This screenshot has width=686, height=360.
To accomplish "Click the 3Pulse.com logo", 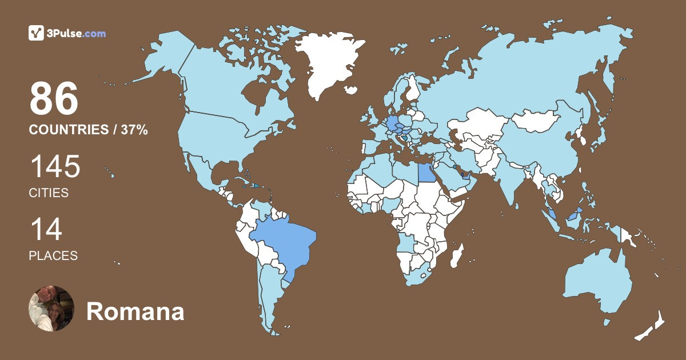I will click(x=67, y=33).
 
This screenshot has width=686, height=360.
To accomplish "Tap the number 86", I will click(x=54, y=99).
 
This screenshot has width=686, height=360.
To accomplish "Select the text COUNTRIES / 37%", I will click(x=89, y=130).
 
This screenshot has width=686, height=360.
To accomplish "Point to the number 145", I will click(x=55, y=167).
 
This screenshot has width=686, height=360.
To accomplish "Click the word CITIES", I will click(x=49, y=193).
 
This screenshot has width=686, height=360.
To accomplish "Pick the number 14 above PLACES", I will click(x=46, y=230).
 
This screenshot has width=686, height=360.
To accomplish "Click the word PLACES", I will click(x=53, y=256).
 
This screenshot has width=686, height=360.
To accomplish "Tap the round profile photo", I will click(x=51, y=309).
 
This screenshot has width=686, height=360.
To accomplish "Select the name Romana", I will click(x=135, y=312).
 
